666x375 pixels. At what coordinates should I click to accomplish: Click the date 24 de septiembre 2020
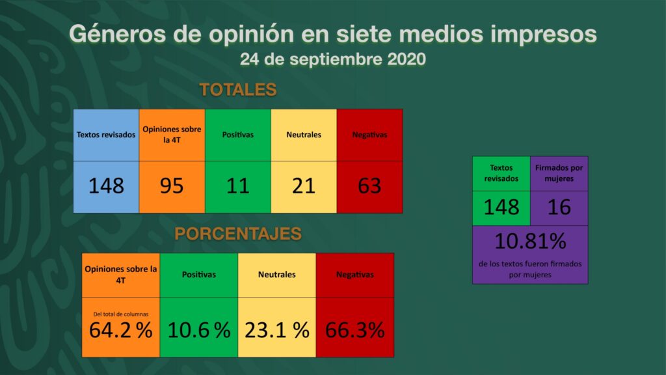[x=332, y=59]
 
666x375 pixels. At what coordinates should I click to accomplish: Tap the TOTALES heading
[x=238, y=90]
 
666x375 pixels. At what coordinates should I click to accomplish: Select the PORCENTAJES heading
[x=238, y=234]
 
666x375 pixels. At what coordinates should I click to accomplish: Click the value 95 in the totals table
[x=172, y=186]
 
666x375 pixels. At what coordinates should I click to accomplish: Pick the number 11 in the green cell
[x=237, y=186]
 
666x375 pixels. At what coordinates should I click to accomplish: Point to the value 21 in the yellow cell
[x=303, y=186]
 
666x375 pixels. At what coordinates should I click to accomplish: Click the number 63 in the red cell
[x=369, y=186]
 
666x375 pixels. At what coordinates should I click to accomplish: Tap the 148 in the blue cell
[x=106, y=186]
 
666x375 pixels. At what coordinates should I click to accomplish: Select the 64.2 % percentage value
[x=121, y=330]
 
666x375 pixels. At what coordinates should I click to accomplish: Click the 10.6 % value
[x=199, y=330]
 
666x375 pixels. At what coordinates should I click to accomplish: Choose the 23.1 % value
[x=276, y=330]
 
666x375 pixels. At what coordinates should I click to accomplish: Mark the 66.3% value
[x=354, y=330]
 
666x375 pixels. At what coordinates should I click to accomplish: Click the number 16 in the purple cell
[x=559, y=207]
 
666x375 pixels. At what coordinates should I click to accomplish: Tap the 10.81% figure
[x=530, y=242]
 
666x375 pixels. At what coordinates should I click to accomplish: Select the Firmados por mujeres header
[x=559, y=173]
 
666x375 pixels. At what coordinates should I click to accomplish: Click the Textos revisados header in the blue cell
[x=106, y=135]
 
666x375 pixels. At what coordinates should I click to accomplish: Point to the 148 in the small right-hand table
[x=501, y=207]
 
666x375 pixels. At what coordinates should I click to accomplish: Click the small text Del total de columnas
[x=120, y=314]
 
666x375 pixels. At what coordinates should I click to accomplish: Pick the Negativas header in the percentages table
[x=354, y=275]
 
